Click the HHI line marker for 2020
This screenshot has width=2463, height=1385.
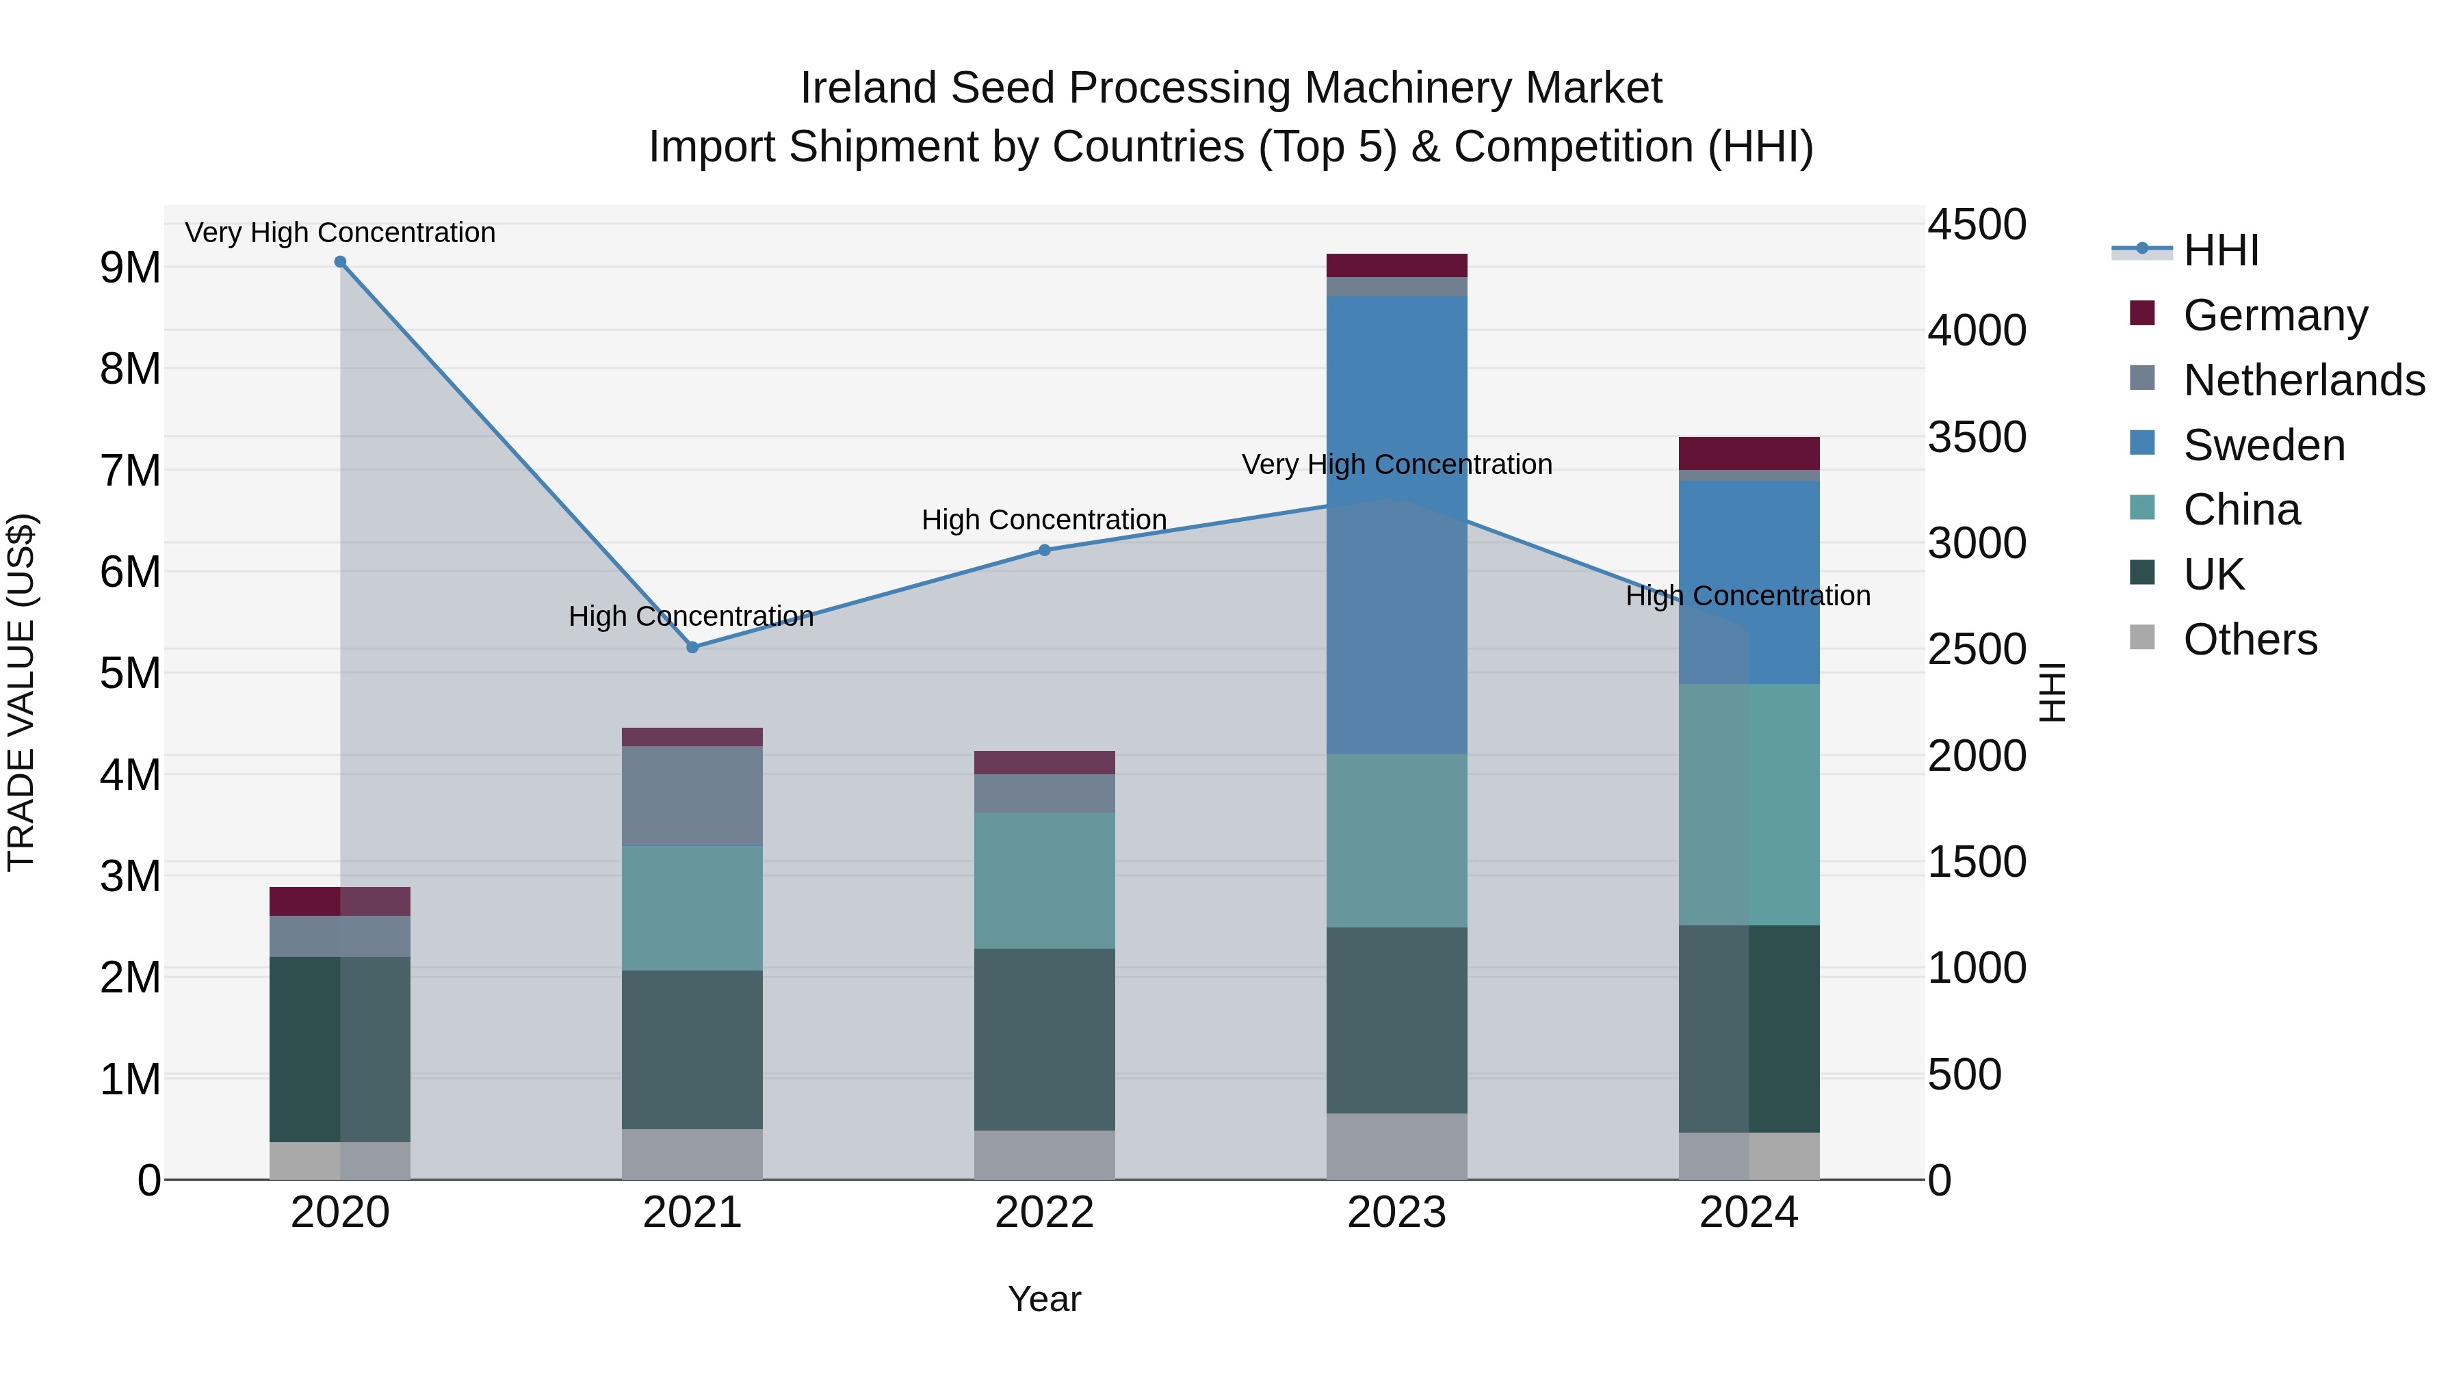[341, 262]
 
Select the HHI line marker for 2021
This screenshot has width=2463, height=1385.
[693, 647]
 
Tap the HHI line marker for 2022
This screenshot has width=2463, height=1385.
[1044, 550]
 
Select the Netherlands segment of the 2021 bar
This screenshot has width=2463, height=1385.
[692, 795]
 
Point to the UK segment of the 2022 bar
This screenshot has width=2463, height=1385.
[1044, 1039]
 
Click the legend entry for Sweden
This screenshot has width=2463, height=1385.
[2263, 445]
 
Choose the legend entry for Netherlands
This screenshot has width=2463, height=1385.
[2304, 380]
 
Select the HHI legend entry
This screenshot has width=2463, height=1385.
[2220, 250]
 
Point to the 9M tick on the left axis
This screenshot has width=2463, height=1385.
[131, 267]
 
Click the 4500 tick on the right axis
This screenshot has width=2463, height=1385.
[1975, 226]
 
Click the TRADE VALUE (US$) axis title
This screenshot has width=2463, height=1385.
[21, 692]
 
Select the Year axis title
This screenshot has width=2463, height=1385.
[1044, 1299]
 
